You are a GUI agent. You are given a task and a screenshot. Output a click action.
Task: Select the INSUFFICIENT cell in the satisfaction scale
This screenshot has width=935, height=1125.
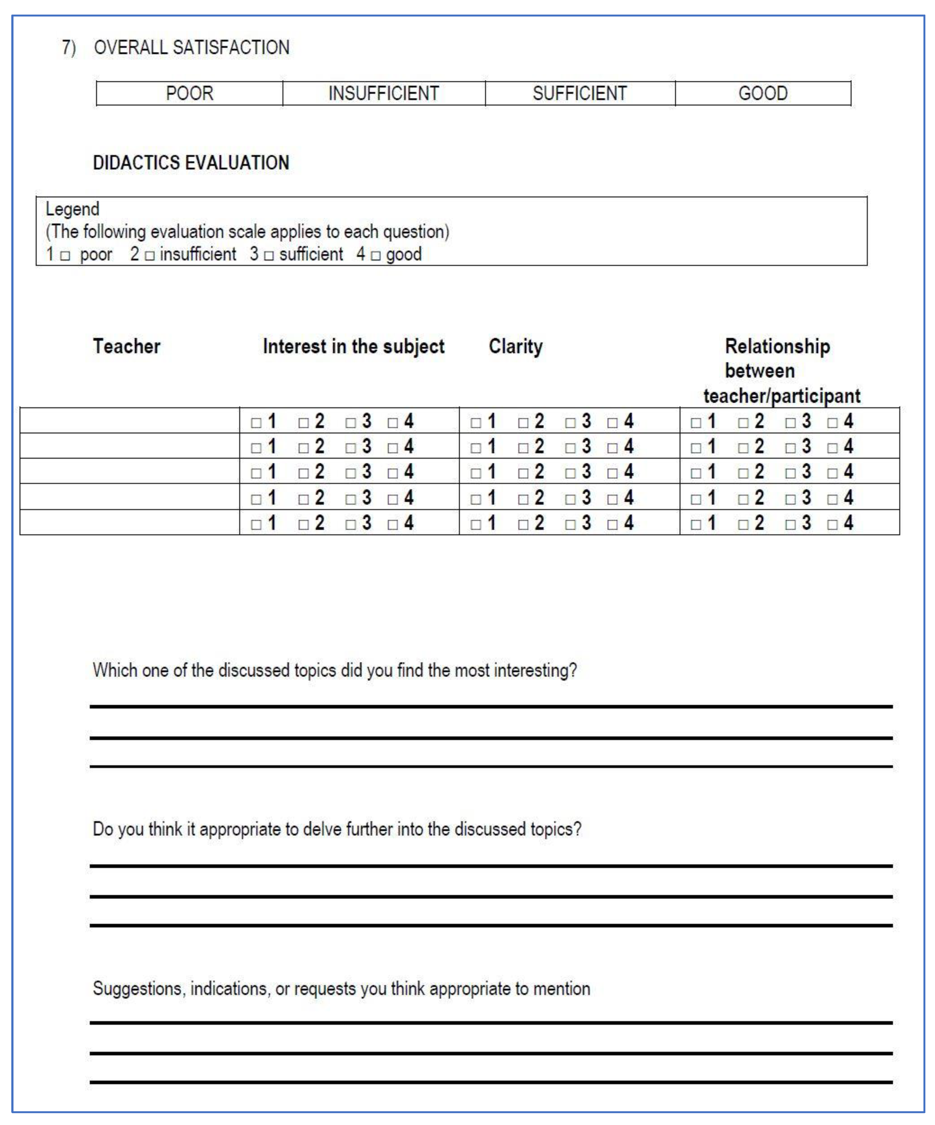[x=384, y=93]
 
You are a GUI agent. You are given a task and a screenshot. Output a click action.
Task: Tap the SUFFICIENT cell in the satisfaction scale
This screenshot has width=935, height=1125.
[x=580, y=93]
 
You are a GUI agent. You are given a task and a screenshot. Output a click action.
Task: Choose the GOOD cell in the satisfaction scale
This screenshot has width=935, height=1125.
[x=763, y=93]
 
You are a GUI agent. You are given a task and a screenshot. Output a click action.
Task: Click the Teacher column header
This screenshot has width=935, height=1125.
[x=126, y=346]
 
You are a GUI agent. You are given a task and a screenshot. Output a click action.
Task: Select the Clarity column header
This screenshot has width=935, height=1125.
[x=516, y=346]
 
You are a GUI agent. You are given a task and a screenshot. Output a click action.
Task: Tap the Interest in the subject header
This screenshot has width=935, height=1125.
[x=354, y=346]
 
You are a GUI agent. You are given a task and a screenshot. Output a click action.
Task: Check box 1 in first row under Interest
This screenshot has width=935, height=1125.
[x=256, y=423]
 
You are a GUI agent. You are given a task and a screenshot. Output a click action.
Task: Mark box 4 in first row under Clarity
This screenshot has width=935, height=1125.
[x=612, y=423]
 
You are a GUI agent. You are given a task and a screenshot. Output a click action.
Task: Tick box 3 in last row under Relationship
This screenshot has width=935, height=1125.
[x=790, y=524]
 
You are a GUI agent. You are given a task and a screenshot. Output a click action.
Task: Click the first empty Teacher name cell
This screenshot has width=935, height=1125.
[x=129, y=421]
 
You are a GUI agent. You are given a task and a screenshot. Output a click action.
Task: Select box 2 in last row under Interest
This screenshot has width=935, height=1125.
[x=303, y=524]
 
